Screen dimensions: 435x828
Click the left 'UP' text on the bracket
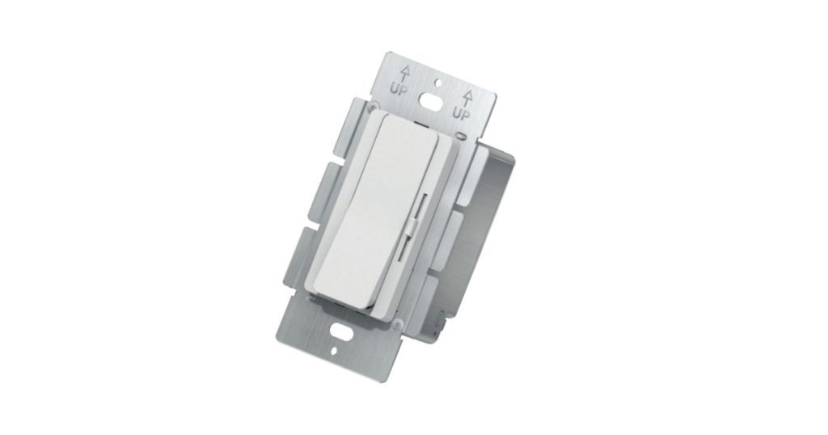[398, 87]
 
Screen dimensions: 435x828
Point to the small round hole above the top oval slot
[437, 81]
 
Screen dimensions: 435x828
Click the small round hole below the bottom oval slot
[336, 352]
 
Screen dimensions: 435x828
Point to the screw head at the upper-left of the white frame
[371, 106]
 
